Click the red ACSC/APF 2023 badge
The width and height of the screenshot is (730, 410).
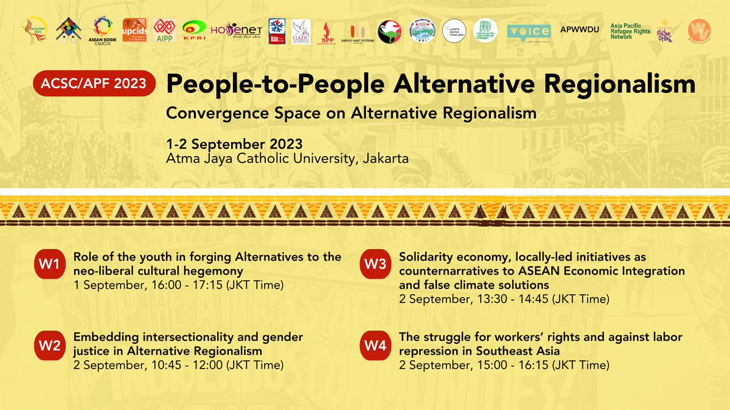point(95,83)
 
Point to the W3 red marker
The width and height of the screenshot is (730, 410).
point(375,264)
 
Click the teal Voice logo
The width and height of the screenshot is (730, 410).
point(528,32)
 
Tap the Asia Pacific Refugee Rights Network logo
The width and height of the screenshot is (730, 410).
point(630,32)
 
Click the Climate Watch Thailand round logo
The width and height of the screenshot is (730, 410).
point(454,32)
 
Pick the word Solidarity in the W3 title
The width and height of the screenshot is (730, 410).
point(426,256)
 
